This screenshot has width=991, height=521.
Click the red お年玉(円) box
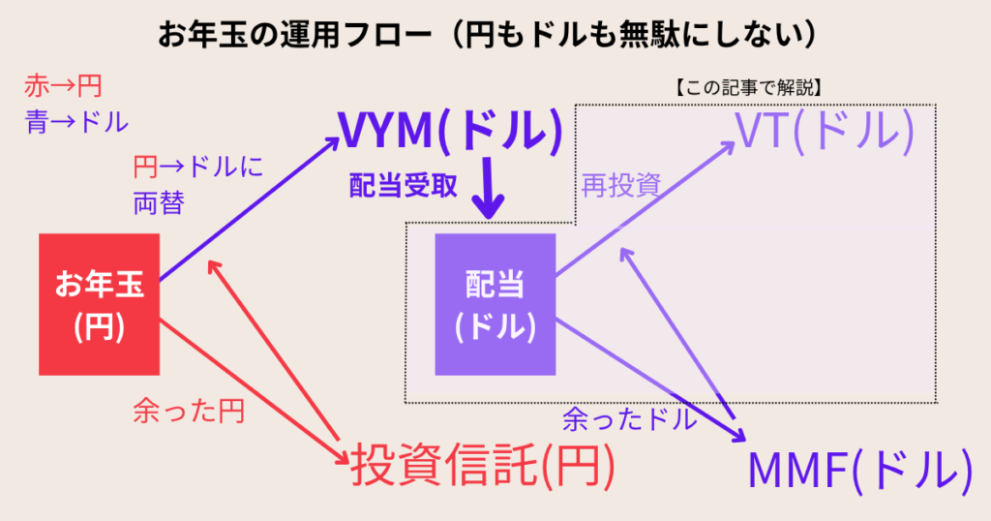[99, 303]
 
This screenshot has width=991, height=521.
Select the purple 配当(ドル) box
[495, 303]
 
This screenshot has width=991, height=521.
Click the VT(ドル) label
[824, 132]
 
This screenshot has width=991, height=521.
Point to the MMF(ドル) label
[858, 472]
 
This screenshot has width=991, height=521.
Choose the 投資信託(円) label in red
[481, 468]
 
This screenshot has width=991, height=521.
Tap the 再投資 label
[620, 187]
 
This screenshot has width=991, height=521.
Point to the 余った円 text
[188, 413]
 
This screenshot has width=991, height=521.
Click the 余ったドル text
[629, 419]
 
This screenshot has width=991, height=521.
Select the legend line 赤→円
[62, 88]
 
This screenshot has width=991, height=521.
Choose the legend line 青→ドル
[75, 122]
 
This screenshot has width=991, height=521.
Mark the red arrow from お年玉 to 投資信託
[252, 387]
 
